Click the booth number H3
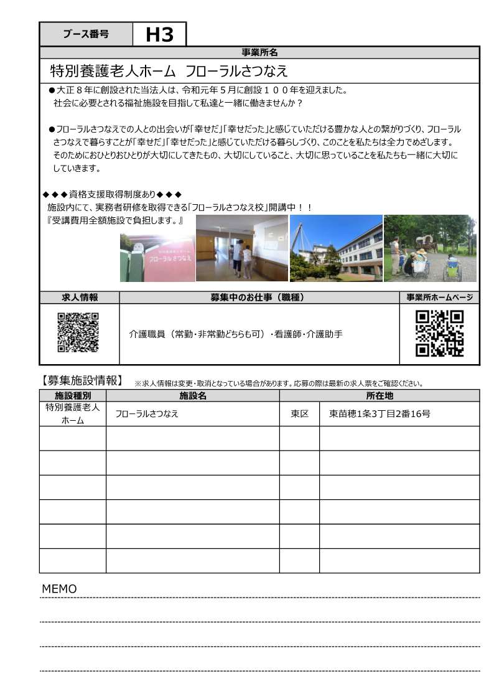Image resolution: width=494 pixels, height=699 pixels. [x=159, y=35]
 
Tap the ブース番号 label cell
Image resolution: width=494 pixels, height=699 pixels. [x=86, y=35]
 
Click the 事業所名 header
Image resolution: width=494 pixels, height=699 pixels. [x=259, y=52]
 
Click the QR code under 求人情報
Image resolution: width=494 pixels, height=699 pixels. [x=78, y=332]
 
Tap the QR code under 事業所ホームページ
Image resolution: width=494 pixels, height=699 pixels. [x=439, y=333]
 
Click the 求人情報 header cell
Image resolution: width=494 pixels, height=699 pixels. [x=80, y=298]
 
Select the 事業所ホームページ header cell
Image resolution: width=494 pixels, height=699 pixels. [x=439, y=298]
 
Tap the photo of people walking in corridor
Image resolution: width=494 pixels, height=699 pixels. [x=241, y=248]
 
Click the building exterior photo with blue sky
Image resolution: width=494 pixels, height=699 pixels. [x=336, y=248]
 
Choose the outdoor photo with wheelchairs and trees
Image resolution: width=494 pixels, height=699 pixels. [x=430, y=248]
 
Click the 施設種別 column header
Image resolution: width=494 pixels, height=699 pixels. [x=73, y=396]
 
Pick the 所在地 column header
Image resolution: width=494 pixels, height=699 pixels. [x=380, y=396]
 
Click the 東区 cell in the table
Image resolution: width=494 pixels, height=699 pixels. [x=299, y=414]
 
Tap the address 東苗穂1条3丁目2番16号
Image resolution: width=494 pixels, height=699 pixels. [x=380, y=414]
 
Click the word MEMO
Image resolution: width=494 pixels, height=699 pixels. [x=59, y=589]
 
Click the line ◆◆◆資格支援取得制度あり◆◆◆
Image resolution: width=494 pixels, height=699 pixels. [x=112, y=195]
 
